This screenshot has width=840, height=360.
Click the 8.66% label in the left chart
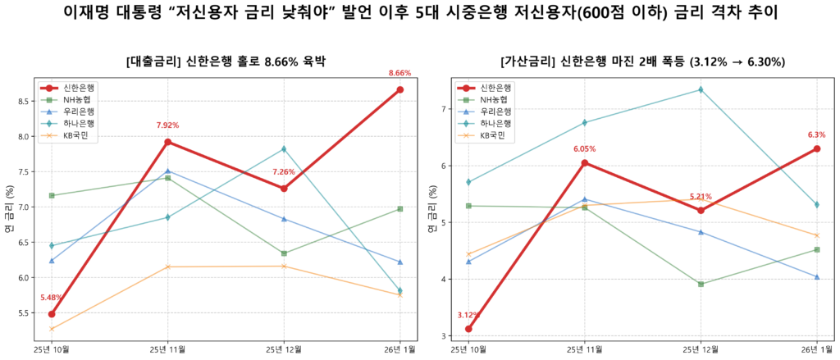(x=399, y=73)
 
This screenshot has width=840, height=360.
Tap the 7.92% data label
(x=167, y=125)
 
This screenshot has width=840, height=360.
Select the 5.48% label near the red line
(x=52, y=298)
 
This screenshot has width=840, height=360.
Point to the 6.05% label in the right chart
(x=585, y=149)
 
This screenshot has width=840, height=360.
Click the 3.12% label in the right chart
(x=468, y=315)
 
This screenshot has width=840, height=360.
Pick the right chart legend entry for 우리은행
(x=496, y=111)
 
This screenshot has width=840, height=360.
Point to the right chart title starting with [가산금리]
(x=642, y=62)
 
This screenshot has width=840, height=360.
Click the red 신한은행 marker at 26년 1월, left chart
(x=399, y=89)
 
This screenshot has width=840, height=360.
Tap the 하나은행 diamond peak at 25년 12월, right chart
(x=701, y=89)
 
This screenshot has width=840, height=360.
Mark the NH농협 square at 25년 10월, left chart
(x=52, y=195)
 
